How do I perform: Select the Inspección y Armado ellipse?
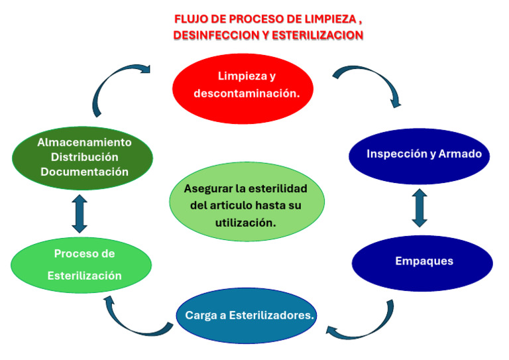[x=420, y=154]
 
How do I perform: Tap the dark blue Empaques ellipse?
[x=422, y=261]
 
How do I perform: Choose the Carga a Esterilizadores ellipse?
[x=249, y=316]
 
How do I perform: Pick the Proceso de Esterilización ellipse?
[x=82, y=265]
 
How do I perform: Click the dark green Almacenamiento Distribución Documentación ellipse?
[x=83, y=157]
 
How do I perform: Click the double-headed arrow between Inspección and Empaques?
[x=420, y=208]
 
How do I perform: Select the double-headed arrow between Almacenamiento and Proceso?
[x=80, y=213]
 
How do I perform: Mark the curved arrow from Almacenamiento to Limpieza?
[x=116, y=83]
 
